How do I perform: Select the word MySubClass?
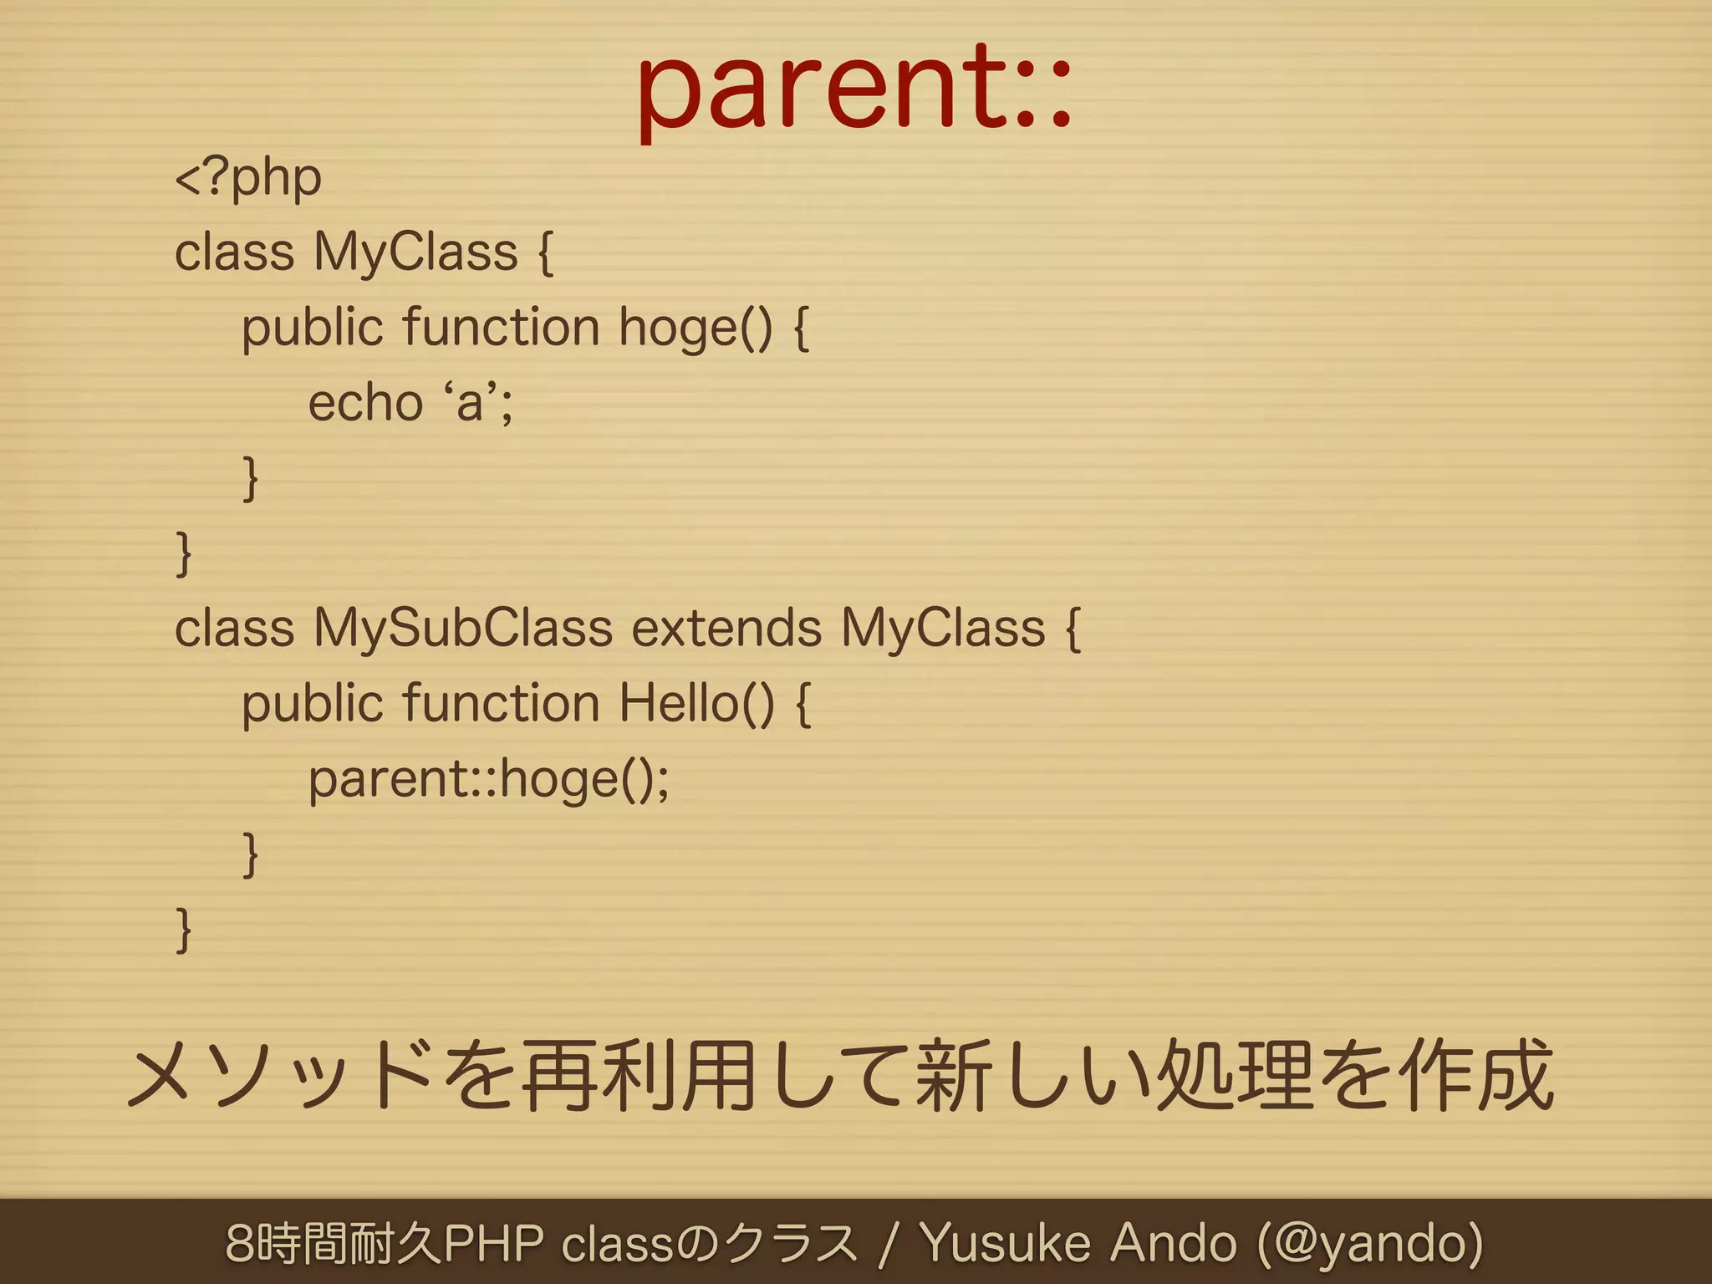(462, 629)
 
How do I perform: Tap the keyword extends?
(726, 629)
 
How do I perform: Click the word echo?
(365, 404)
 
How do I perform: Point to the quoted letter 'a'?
(471, 402)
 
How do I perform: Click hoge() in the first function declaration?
(695, 329)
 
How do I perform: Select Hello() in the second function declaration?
(696, 704)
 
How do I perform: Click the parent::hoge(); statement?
(489, 780)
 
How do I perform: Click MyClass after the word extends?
(943, 629)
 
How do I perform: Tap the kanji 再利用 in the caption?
(639, 1077)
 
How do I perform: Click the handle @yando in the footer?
(1371, 1243)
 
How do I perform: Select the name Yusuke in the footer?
(1005, 1243)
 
